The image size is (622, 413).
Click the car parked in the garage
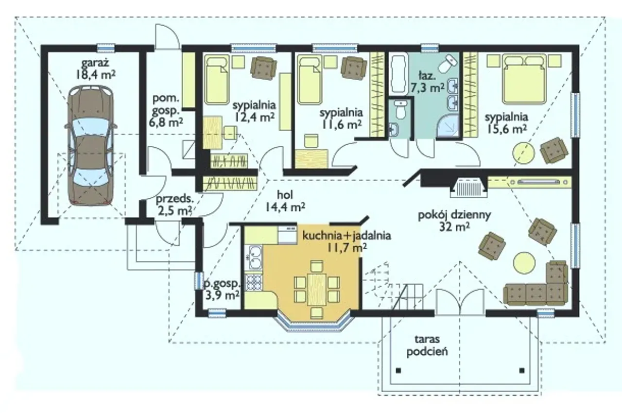tap(91, 146)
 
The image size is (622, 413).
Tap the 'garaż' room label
tap(95, 63)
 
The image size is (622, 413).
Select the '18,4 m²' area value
tap(95, 75)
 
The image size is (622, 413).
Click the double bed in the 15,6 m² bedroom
tap(524, 80)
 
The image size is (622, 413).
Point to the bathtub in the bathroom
tap(399, 73)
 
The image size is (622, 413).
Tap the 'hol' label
tap(285, 195)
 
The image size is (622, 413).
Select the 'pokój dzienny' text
tap(454, 215)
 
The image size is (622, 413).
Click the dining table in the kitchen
tap(316, 290)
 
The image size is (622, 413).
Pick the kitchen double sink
tap(255, 258)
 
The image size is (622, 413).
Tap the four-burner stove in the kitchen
tap(254, 282)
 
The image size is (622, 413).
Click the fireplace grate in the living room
tap(469, 188)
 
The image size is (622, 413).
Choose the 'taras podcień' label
tap(427, 345)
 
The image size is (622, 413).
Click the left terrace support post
tap(399, 370)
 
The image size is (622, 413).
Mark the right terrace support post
tap(522, 370)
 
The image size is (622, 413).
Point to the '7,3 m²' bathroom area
tap(427, 88)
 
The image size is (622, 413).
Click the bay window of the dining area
tap(316, 325)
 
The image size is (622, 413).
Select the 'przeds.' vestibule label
tap(174, 199)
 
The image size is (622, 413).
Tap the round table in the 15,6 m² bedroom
tap(523, 153)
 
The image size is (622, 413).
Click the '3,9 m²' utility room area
tap(222, 295)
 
